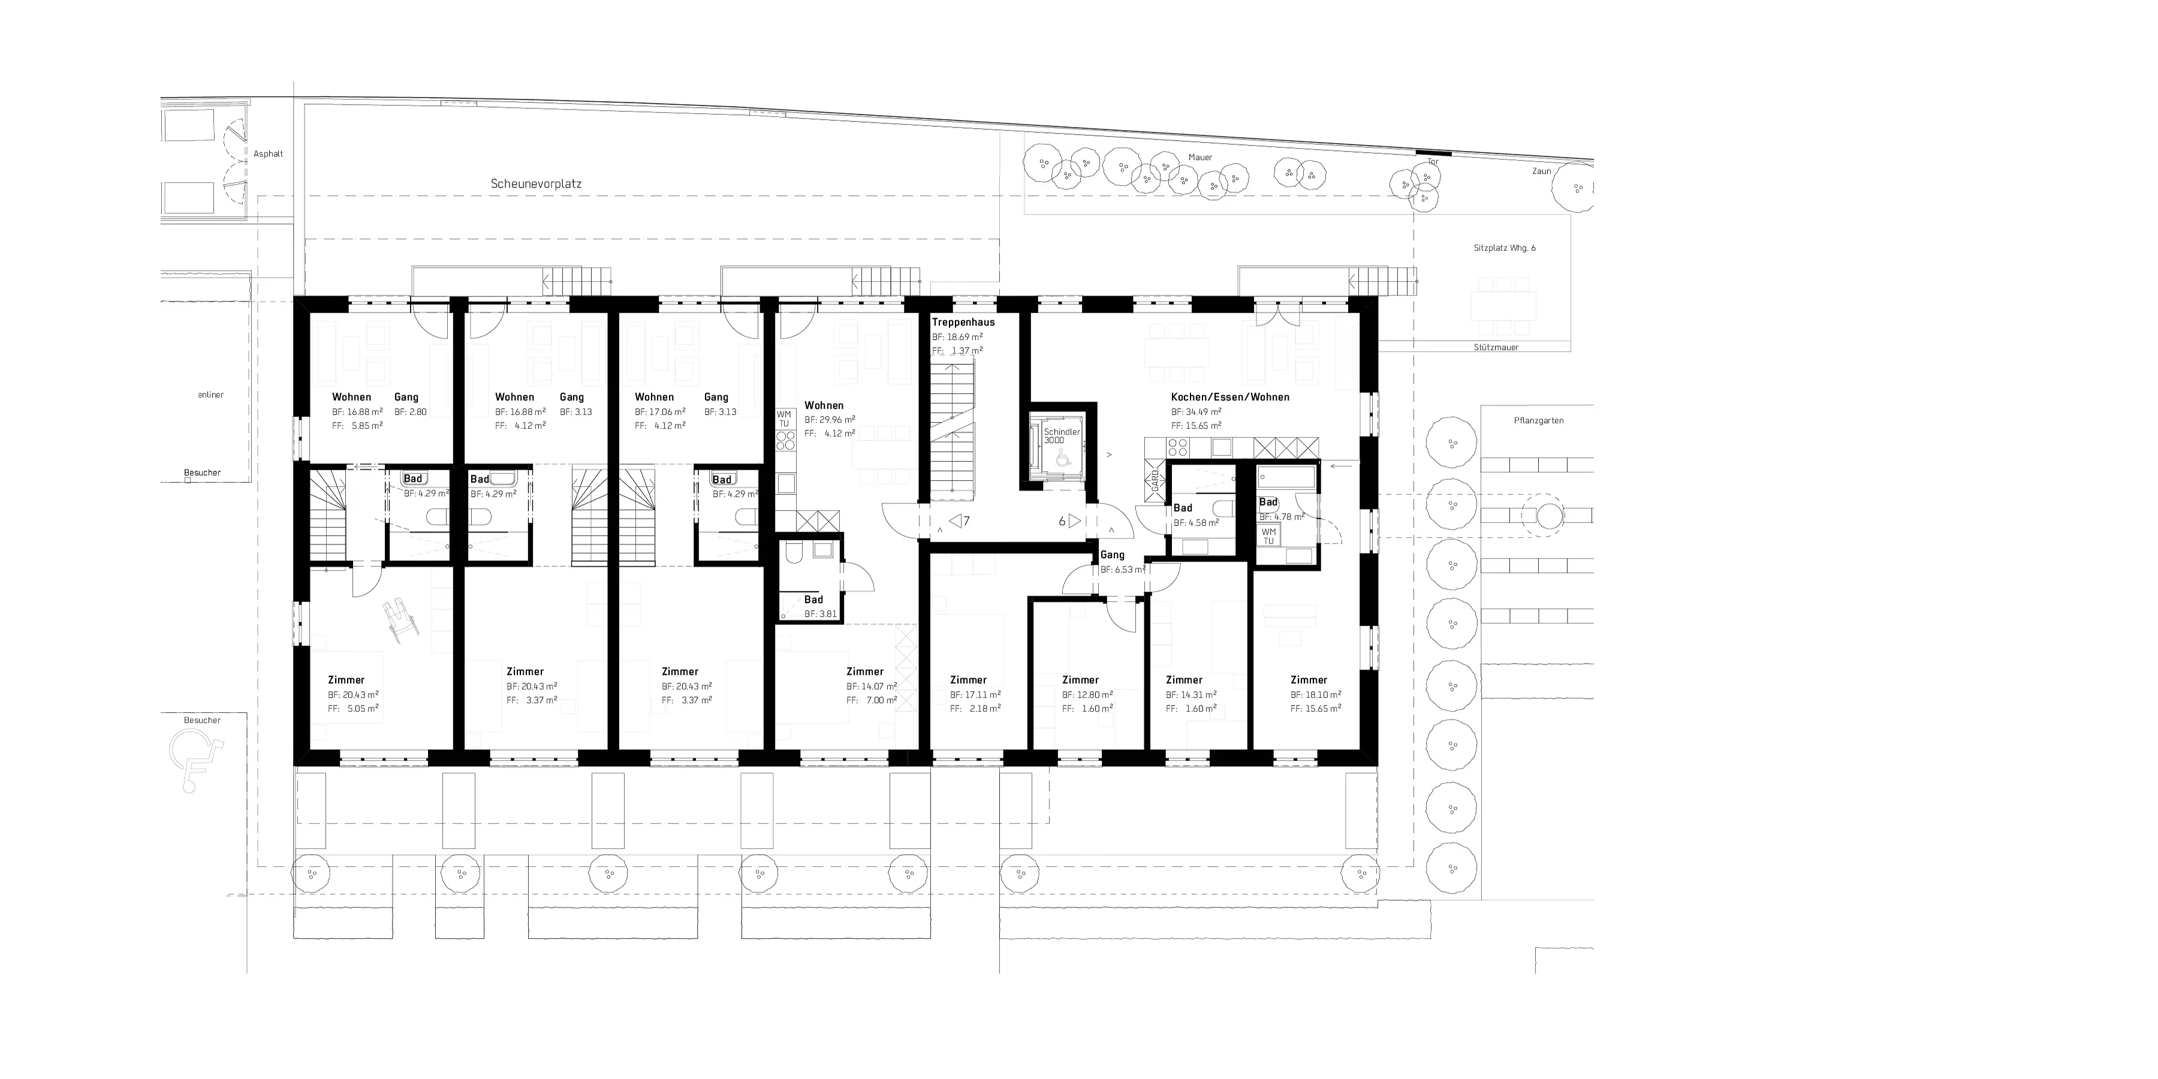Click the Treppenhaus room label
tap(963, 322)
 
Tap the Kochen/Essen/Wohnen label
tap(1230, 397)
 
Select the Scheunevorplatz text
tap(536, 183)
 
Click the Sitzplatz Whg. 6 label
tap(1505, 248)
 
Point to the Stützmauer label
tap(1496, 347)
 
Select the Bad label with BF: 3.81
tap(813, 600)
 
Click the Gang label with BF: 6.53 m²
tap(1113, 554)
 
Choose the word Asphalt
tap(268, 154)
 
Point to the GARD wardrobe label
tap(1155, 481)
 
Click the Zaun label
tap(1541, 171)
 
